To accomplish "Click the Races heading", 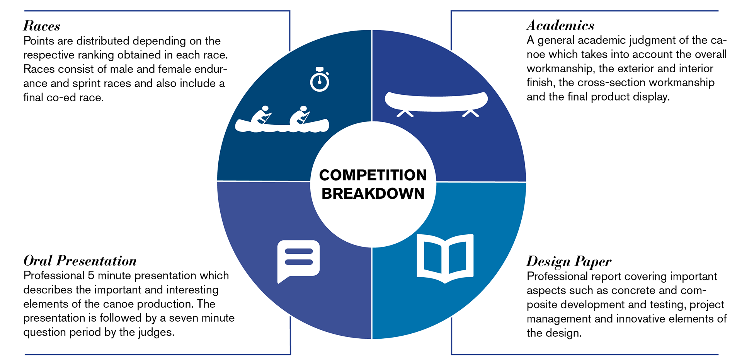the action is [x=42, y=26].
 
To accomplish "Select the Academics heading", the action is [x=560, y=25].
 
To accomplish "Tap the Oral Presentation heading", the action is [x=80, y=261].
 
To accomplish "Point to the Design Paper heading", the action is [x=569, y=262].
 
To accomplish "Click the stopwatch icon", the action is [x=320, y=79].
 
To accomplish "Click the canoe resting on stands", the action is [x=436, y=101].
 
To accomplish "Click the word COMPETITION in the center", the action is [x=373, y=175].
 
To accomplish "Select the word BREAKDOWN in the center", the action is [x=373, y=194].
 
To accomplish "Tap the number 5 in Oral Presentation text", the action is [x=91, y=276].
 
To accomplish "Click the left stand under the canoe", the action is [x=405, y=113].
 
